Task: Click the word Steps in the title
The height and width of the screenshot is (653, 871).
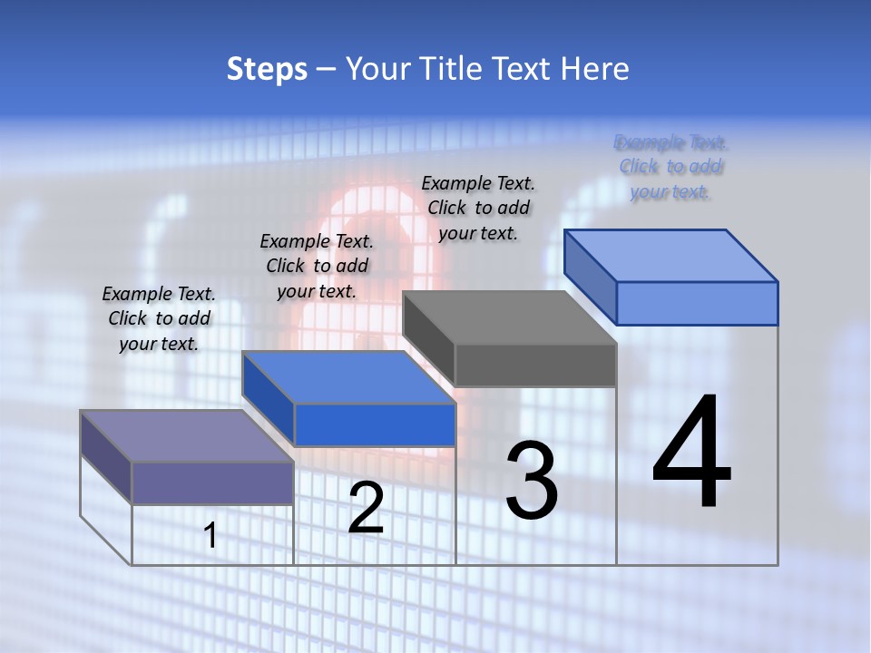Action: pyautogui.click(x=267, y=69)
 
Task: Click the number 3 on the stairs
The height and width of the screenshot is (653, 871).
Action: pyautogui.click(x=532, y=481)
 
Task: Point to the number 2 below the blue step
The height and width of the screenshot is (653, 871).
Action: pyautogui.click(x=366, y=509)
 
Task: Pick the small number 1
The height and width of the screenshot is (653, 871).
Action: pyautogui.click(x=210, y=536)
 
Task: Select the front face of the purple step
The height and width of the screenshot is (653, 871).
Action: pyautogui.click(x=212, y=482)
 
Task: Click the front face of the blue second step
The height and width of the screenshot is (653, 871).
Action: pyautogui.click(x=375, y=424)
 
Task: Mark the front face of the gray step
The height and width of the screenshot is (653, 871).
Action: pyautogui.click(x=535, y=365)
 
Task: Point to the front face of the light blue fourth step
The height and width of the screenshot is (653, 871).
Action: pyautogui.click(x=697, y=303)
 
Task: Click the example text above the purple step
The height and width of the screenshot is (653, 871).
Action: pyautogui.click(x=159, y=318)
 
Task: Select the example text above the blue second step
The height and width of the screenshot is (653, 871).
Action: pyautogui.click(x=317, y=266)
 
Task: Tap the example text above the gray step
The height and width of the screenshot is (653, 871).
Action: pyautogui.click(x=478, y=208)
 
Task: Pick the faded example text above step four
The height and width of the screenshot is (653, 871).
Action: pyautogui.click(x=670, y=167)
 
